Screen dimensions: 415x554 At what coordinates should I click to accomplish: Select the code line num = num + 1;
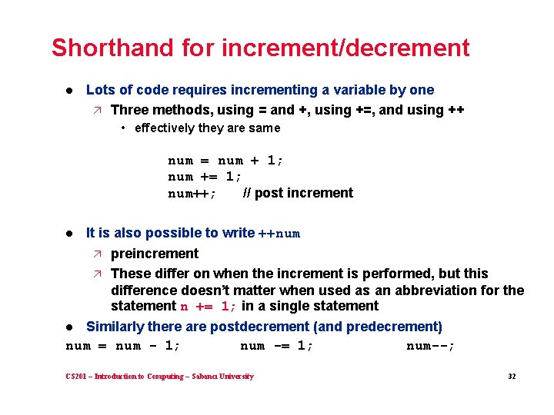tap(226, 161)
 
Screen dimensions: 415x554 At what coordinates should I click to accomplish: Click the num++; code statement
tap(192, 194)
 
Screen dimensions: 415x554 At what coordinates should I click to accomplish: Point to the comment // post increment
tap(298, 193)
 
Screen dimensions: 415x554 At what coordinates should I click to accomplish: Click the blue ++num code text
tap(279, 234)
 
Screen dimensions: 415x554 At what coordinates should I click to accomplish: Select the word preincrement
tap(154, 254)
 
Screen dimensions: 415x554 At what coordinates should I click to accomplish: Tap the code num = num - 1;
tap(123, 346)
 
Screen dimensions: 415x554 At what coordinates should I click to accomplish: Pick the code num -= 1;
tap(277, 346)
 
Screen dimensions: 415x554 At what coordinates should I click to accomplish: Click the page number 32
tap(511, 377)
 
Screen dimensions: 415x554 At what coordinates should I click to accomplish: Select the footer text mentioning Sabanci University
tap(160, 377)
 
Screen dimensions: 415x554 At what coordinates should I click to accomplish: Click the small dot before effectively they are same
tap(125, 128)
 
